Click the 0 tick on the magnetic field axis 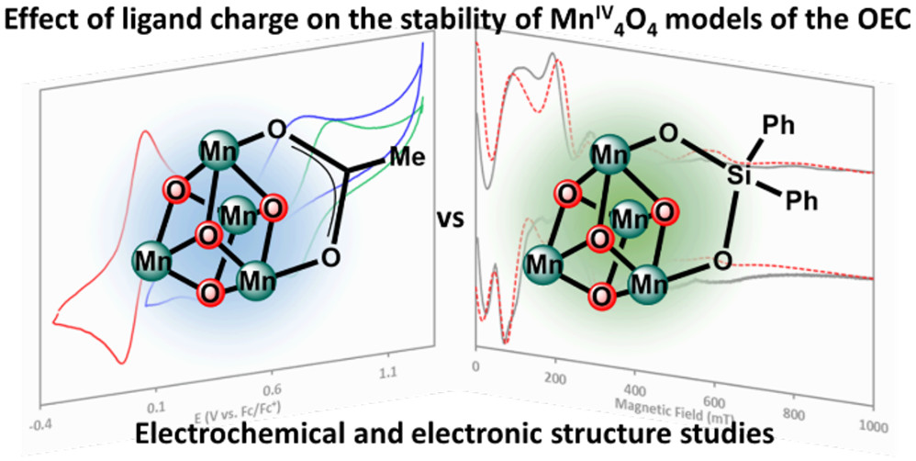475,366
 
